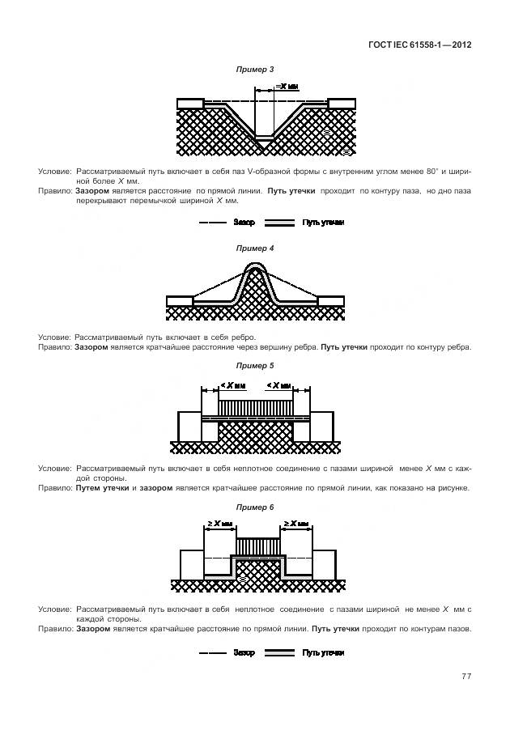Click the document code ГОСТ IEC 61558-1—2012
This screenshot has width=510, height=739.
point(424,45)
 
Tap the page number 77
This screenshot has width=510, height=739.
point(466,676)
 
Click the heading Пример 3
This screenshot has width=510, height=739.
point(254,70)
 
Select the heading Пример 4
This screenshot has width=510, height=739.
point(254,248)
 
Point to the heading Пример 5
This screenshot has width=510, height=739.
point(254,366)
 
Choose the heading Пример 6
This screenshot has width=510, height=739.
point(254,507)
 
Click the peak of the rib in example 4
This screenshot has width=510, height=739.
point(254,265)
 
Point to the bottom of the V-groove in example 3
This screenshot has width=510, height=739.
point(265,143)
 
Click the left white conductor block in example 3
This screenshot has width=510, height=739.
point(190,103)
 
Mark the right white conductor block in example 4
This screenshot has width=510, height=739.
point(330,301)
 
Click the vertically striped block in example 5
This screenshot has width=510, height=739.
point(255,404)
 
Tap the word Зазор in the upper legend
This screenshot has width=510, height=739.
point(244,222)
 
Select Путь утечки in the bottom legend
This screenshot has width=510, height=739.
point(323,652)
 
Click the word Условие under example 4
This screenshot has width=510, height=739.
point(54,337)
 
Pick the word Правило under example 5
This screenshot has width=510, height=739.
point(54,488)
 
